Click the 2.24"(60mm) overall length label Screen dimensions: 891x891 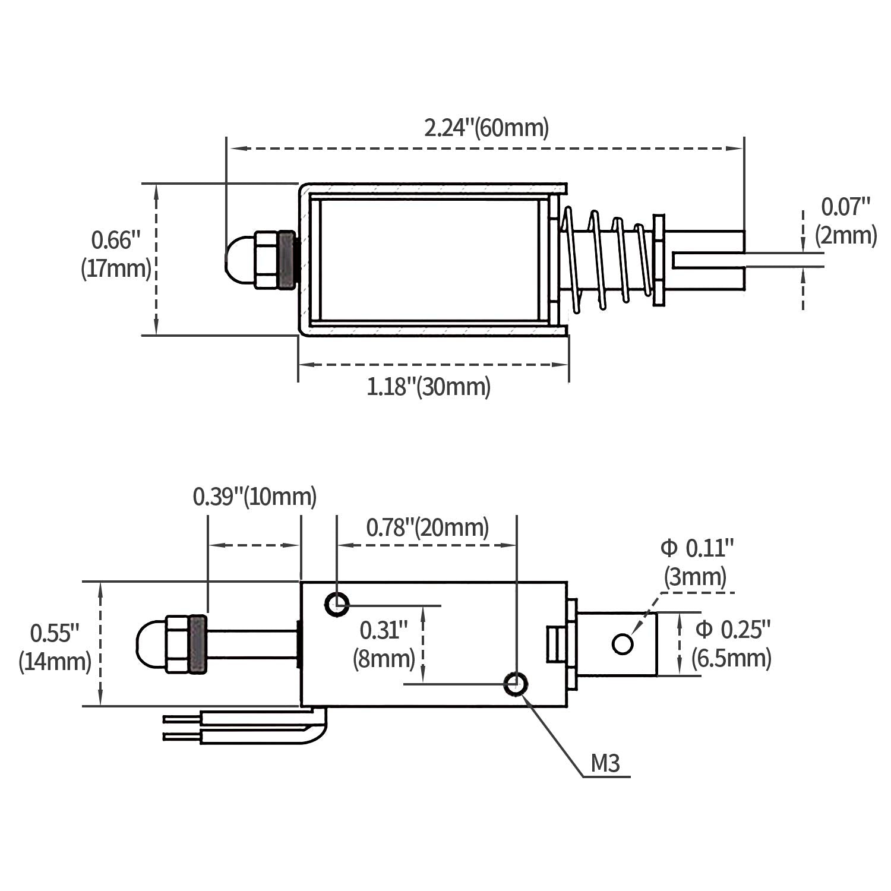[x=486, y=128]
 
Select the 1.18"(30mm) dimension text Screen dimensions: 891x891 [x=428, y=387]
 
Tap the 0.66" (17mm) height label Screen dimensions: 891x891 [x=116, y=255]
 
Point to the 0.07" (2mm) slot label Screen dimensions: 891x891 [x=845, y=221]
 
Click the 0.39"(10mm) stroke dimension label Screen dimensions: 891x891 [x=254, y=497]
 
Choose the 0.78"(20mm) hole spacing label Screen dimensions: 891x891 [x=427, y=527]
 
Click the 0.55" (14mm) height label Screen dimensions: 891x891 [x=55, y=647]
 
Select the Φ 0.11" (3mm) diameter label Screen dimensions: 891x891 [x=697, y=562]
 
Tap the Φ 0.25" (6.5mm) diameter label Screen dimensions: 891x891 [x=732, y=643]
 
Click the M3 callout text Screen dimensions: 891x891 [x=605, y=764]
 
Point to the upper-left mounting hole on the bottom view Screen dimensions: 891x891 [x=337, y=605]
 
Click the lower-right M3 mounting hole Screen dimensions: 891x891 [x=515, y=684]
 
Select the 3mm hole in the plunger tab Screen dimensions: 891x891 [x=622, y=643]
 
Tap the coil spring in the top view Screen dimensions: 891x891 [x=606, y=258]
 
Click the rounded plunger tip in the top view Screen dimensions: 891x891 [x=239, y=260]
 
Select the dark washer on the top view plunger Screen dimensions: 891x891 [x=287, y=260]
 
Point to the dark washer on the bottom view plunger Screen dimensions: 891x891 [x=198, y=644]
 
